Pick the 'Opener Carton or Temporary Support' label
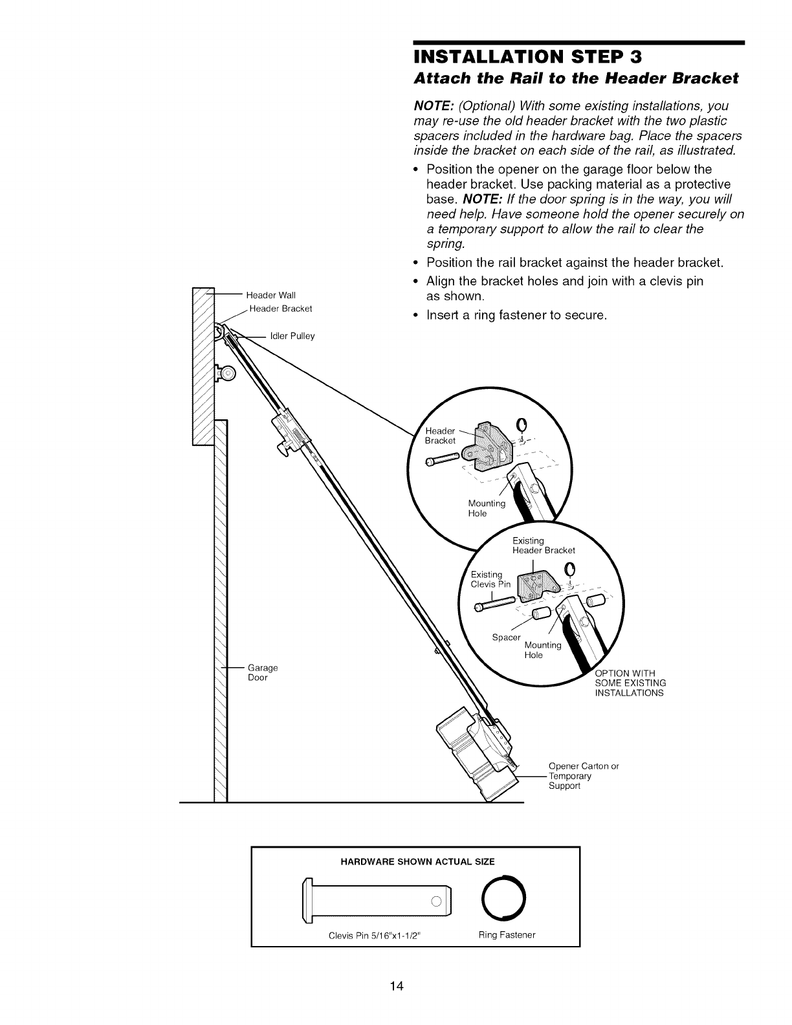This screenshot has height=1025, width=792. pos(583,776)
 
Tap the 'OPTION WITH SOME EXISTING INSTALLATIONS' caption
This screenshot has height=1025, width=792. pos(630,683)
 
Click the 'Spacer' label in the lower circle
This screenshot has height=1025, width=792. pos(506,637)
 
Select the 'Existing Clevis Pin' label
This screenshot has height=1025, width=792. pos(490,579)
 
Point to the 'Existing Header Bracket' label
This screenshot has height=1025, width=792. pos(543,546)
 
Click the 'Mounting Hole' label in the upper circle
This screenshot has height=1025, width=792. pos(486,509)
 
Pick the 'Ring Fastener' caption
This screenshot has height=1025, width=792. pos(507,935)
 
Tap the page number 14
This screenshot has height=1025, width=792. pos(397,986)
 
